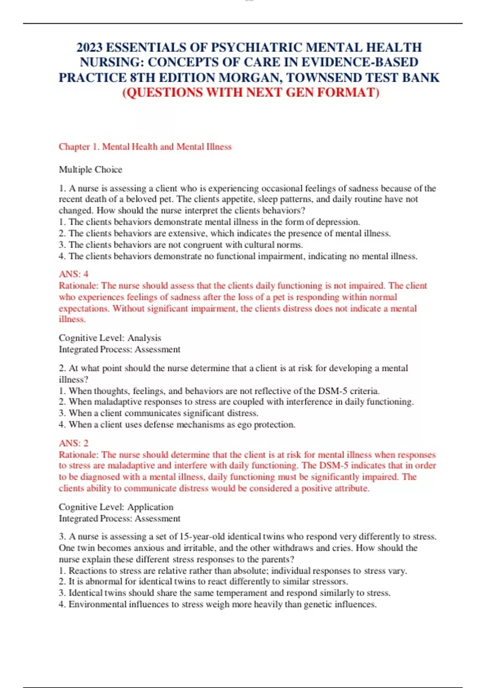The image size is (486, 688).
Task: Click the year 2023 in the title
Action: click(x=90, y=48)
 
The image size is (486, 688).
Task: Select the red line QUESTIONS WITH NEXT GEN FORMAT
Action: click(x=251, y=93)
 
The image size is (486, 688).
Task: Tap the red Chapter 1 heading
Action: click(x=145, y=147)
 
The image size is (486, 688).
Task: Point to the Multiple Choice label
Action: click(x=90, y=170)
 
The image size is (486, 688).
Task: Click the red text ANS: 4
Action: click(x=74, y=274)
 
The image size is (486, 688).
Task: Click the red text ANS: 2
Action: click(x=74, y=443)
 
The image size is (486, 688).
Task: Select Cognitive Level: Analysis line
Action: click(x=110, y=338)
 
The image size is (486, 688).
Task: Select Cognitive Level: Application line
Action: click(x=116, y=507)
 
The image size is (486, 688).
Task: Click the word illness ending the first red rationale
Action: click(x=72, y=319)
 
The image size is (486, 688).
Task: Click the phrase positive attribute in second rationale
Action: click(x=335, y=488)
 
